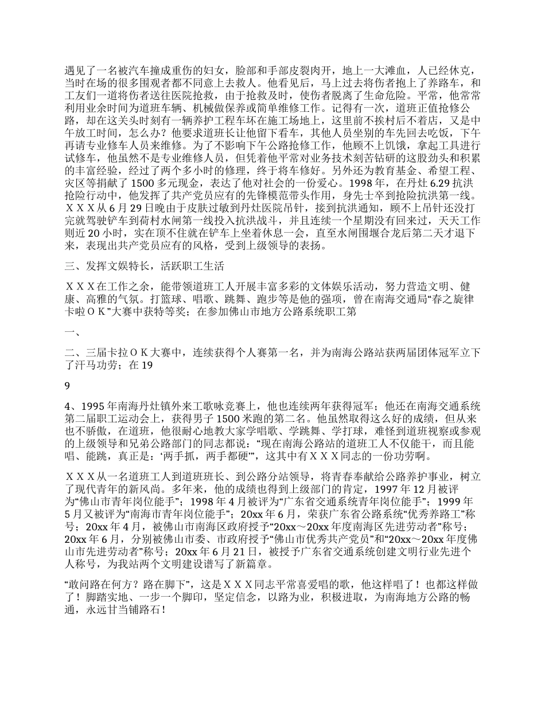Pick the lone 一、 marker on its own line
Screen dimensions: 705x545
pos(73,332)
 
